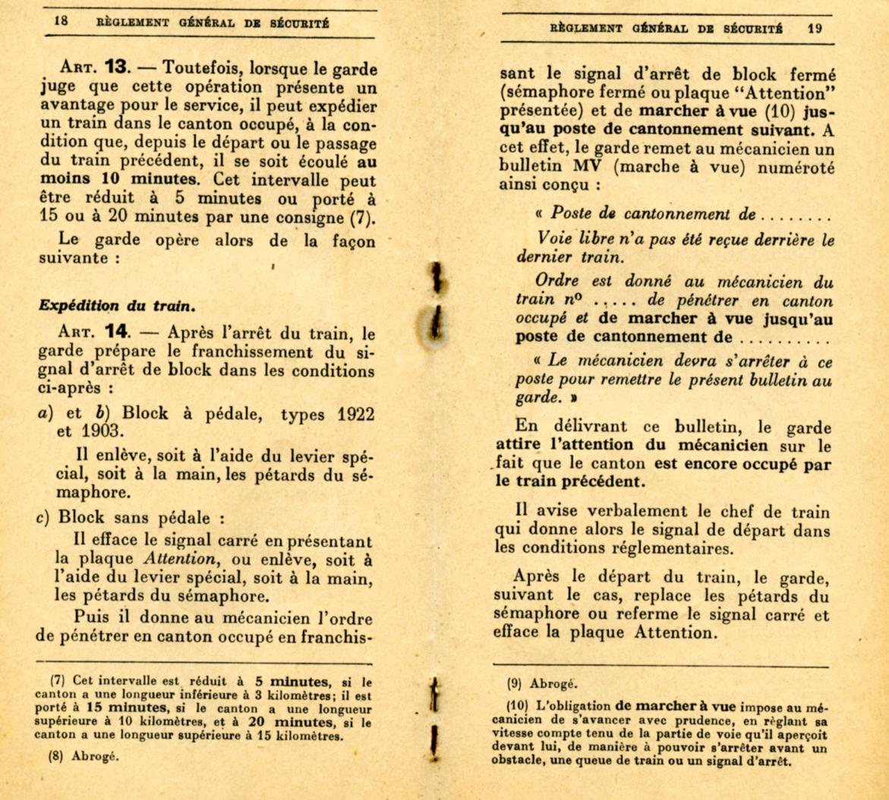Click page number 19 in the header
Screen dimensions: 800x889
pos(815,29)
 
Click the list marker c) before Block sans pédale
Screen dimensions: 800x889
pos(44,519)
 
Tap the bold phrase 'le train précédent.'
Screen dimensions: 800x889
pos(565,480)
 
